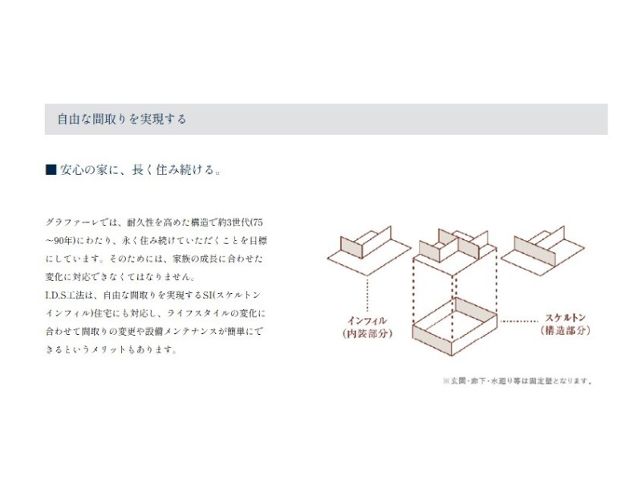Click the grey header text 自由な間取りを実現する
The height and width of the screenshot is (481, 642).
click(122, 119)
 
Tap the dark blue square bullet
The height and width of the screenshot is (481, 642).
click(51, 169)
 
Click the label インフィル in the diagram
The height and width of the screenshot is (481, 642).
click(368, 320)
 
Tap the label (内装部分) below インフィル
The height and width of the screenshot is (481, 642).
click(368, 333)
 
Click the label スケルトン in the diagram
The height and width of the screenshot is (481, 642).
click(566, 317)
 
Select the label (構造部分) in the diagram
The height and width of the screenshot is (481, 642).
click(566, 330)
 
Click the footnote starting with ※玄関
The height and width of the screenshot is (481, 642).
click(518, 381)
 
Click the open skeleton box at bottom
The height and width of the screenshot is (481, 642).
click(454, 327)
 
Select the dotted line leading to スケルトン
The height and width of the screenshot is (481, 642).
click(519, 321)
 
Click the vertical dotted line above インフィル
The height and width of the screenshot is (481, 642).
click(368, 294)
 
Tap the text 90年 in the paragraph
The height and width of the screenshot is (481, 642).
click(63, 241)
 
